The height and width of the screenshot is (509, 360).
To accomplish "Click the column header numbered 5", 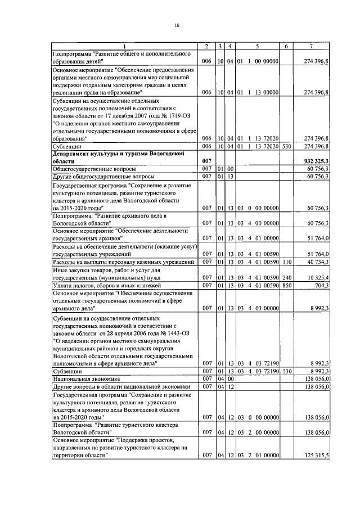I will [256, 46].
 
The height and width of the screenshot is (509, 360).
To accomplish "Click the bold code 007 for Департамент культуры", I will [206, 161].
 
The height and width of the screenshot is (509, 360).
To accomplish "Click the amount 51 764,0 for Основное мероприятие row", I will [318, 238].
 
